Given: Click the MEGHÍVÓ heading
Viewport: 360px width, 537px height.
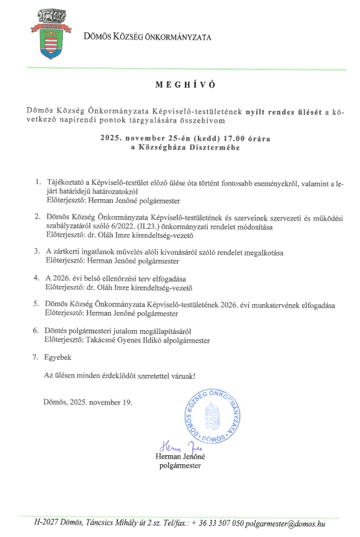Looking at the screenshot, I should point(185,84).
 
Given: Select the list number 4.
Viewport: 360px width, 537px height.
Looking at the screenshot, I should point(38,278).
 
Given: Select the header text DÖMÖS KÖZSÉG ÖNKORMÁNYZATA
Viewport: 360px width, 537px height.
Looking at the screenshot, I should point(147,37).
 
